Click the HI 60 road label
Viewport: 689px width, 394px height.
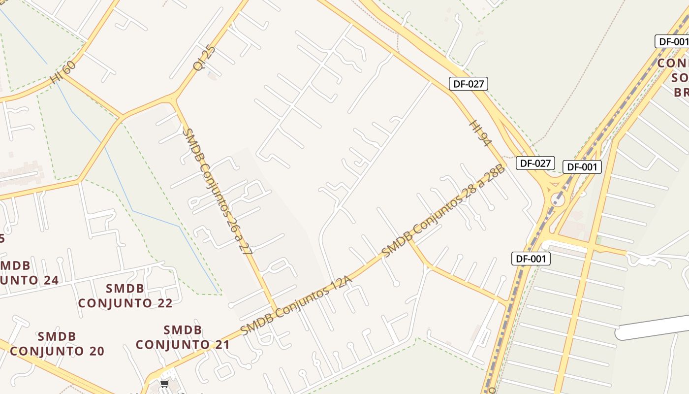63,72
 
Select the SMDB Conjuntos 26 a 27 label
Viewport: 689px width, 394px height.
217,191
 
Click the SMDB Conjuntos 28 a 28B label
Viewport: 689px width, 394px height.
443,210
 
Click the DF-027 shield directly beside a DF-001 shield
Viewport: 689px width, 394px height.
535,163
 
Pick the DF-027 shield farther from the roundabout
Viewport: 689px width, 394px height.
468,84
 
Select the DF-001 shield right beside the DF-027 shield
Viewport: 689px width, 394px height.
582,167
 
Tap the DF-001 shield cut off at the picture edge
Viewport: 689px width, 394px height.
672,41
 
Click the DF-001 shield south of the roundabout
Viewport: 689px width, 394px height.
531,259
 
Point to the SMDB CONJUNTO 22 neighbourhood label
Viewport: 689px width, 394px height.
125,295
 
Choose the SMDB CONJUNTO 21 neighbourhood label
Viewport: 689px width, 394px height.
183,337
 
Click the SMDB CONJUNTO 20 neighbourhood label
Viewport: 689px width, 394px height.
57,344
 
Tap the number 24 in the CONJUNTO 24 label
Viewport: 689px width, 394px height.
50,280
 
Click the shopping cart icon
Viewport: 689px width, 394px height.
164,384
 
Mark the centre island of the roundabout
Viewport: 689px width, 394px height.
558,199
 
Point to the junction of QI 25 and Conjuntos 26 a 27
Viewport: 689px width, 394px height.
173,99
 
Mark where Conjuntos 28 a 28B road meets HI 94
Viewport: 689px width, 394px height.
502,164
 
